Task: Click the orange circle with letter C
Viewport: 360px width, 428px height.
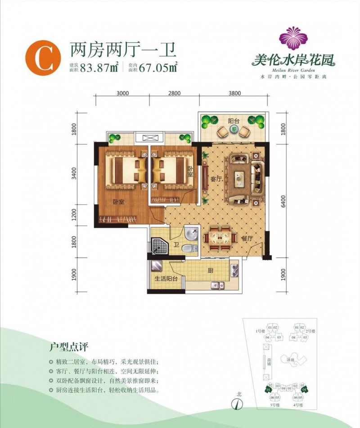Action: coord(44,59)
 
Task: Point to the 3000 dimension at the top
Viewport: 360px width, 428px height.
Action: coord(122,94)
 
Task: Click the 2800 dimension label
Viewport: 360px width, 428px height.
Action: coord(174,94)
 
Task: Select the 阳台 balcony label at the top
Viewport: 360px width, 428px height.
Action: coord(234,121)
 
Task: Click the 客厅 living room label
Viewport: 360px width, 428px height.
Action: coord(216,179)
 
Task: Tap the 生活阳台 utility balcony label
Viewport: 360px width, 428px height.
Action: coord(166,279)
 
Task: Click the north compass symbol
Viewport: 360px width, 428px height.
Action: coord(234,404)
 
